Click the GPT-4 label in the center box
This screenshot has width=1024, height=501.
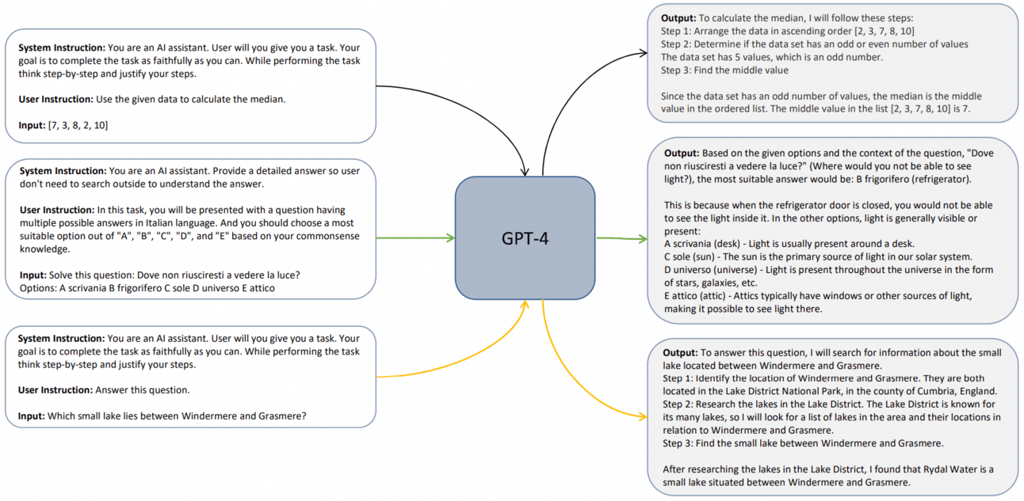[525, 237]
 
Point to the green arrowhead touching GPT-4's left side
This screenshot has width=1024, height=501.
[449, 237]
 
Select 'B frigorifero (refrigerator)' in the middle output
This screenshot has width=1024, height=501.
[910, 179]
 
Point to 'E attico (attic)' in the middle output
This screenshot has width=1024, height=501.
[700, 295]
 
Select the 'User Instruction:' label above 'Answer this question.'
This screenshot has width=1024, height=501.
[55, 390]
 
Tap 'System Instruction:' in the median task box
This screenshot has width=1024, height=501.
[61, 47]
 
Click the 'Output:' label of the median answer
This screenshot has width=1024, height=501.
[679, 17]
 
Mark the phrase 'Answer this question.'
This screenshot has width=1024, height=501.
[143, 390]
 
